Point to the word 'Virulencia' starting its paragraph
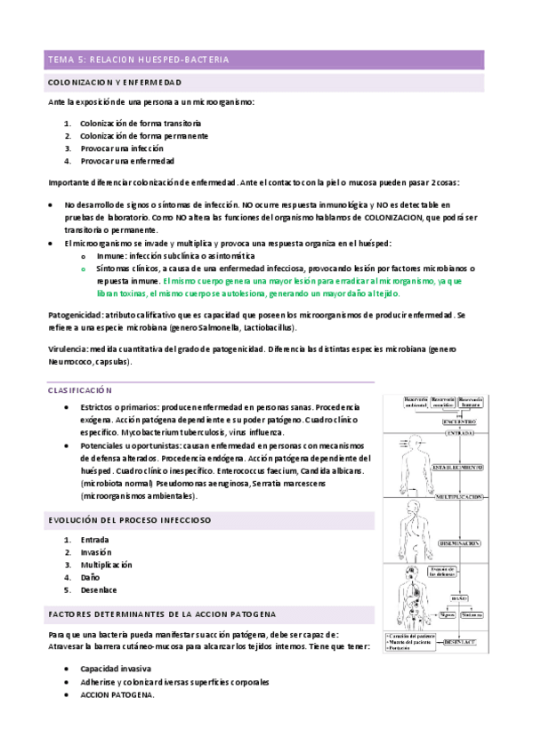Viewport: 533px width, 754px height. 69,349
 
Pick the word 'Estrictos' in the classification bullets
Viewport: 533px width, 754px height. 98,406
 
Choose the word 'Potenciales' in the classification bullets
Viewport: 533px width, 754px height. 102,445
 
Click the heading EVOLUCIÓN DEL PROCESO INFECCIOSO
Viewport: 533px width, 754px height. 128,518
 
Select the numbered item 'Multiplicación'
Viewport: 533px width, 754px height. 106,565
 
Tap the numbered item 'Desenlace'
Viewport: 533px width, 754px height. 98,590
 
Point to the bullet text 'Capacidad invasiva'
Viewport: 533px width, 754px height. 115,668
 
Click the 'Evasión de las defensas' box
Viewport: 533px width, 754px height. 442,572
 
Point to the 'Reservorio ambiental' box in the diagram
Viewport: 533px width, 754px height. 416,403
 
